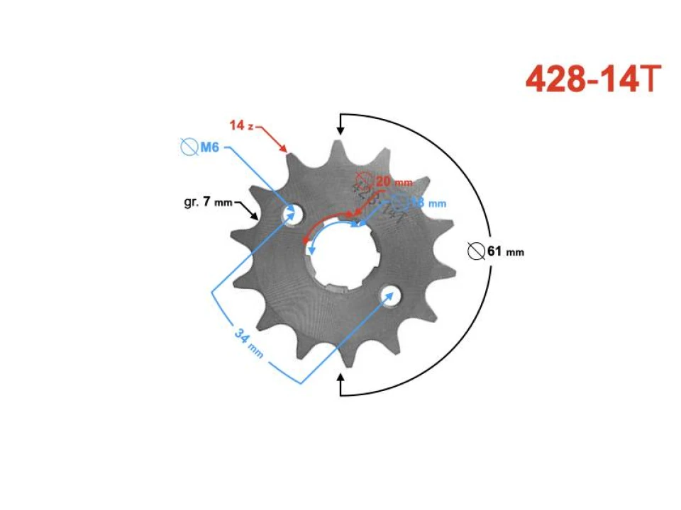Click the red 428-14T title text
593,79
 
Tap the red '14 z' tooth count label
241,125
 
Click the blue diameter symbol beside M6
189,147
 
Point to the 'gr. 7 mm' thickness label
207,202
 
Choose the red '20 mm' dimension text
393,181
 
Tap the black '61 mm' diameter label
505,251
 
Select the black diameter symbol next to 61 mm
477,251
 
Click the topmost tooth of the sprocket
334,147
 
